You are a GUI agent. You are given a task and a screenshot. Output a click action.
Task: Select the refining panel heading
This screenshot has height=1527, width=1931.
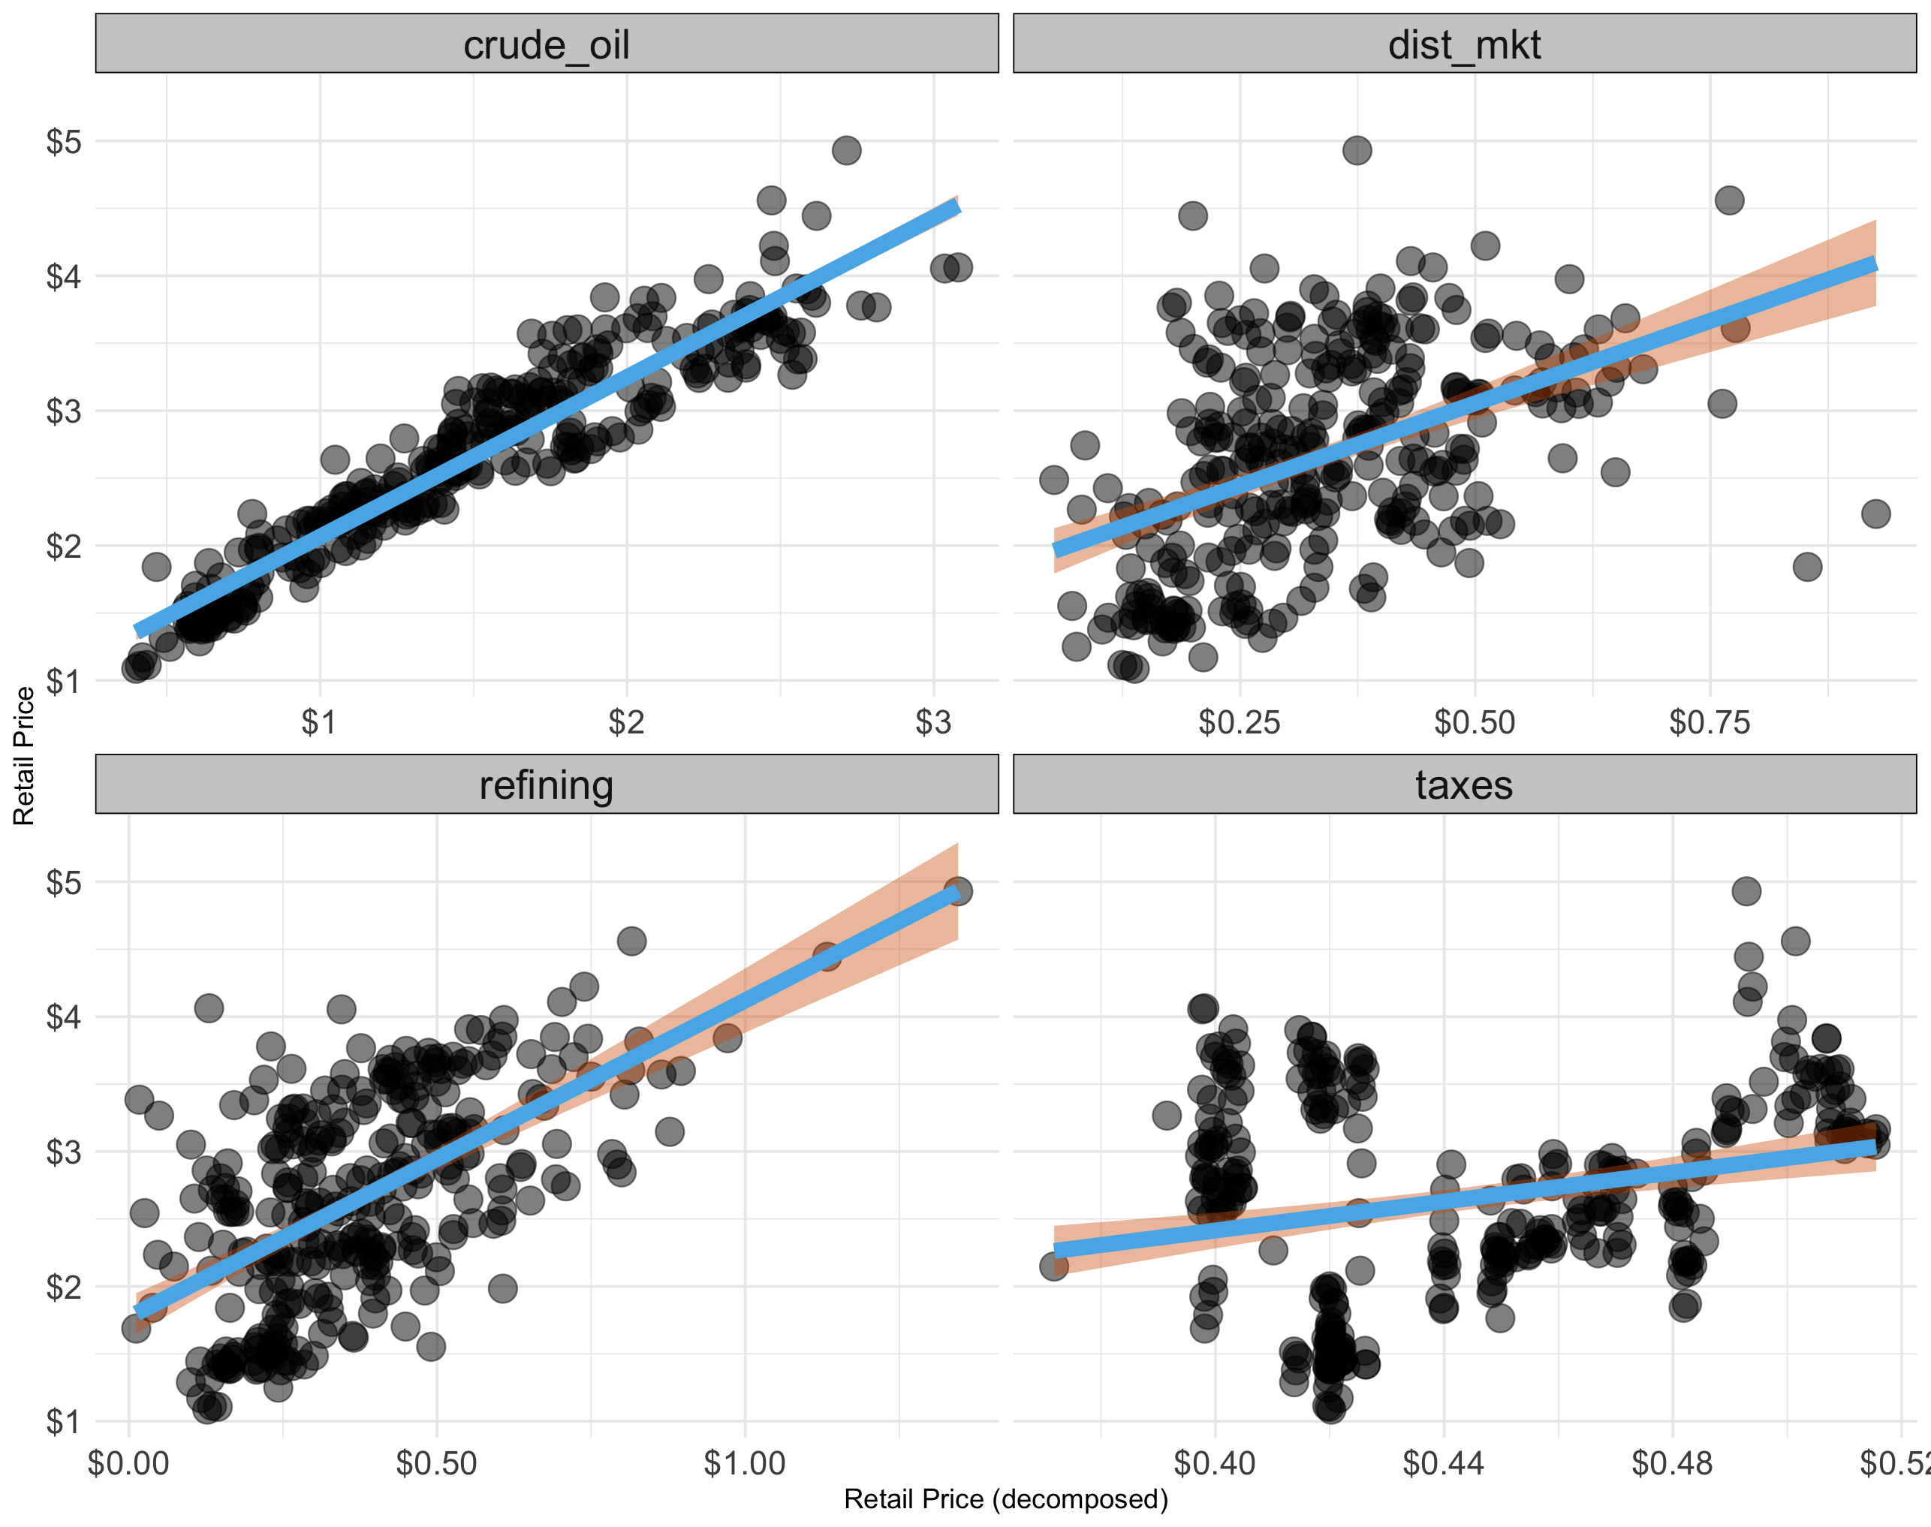click(x=547, y=785)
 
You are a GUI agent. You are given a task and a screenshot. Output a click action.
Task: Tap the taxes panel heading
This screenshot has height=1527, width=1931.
click(x=1464, y=785)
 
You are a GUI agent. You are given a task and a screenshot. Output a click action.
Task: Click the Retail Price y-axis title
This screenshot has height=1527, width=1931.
click(x=24, y=755)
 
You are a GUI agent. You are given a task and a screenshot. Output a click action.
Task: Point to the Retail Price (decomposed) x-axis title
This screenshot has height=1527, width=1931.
click(x=1006, y=1499)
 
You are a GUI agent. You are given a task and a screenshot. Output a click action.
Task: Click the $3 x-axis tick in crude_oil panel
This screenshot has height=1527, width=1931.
click(x=933, y=722)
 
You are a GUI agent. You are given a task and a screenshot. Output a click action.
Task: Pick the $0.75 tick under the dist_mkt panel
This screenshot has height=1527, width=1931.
click(x=1710, y=722)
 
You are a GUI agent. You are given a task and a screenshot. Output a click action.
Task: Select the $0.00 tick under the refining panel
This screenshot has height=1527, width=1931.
click(x=128, y=1463)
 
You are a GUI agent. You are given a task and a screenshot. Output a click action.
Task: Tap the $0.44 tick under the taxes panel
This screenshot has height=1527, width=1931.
click(x=1443, y=1463)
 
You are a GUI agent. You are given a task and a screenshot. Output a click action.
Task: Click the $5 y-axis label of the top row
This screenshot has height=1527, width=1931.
click(x=64, y=141)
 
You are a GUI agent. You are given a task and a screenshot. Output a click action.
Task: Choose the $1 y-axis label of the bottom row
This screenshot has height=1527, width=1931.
click(x=64, y=1420)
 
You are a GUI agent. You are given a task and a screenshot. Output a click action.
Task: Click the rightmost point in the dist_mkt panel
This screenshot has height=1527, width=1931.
click(x=1875, y=514)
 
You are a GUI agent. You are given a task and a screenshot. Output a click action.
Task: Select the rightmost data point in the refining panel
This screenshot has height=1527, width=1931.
click(x=957, y=891)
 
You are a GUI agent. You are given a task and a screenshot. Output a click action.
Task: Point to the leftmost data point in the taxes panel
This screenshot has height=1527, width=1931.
click(x=1054, y=1266)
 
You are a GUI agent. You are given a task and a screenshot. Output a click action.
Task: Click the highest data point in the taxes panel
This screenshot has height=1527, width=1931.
click(x=1747, y=890)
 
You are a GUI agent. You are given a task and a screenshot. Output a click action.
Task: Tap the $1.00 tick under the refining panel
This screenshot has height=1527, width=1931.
click(x=745, y=1463)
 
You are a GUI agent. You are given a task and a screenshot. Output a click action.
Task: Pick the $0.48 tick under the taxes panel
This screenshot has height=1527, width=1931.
click(x=1672, y=1463)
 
